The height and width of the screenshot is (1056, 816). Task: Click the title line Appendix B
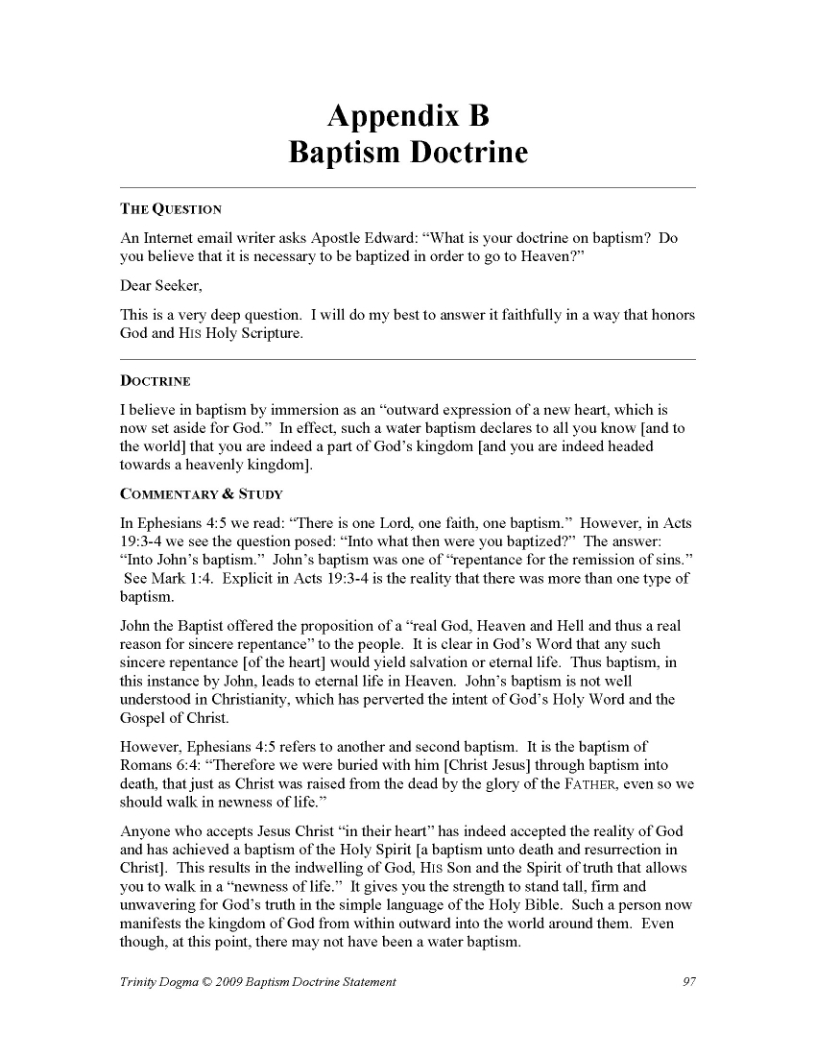(408, 116)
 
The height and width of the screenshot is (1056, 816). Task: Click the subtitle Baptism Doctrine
(408, 153)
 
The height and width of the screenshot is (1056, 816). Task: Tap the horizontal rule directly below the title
(408, 186)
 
